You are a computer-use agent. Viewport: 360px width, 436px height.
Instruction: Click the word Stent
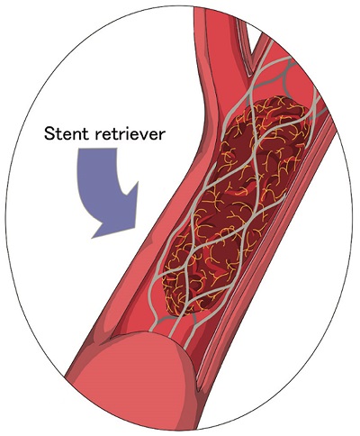coord(67,133)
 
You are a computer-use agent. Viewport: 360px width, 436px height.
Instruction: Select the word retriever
coord(130,133)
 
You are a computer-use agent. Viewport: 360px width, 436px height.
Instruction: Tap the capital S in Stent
coord(49,133)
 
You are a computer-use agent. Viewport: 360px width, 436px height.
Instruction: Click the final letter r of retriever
coord(161,135)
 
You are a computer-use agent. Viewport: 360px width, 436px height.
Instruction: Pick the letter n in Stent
coord(78,135)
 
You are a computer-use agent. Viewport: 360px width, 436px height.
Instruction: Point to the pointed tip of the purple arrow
coord(92,238)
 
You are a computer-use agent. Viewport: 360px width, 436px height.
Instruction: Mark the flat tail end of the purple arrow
coord(96,149)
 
